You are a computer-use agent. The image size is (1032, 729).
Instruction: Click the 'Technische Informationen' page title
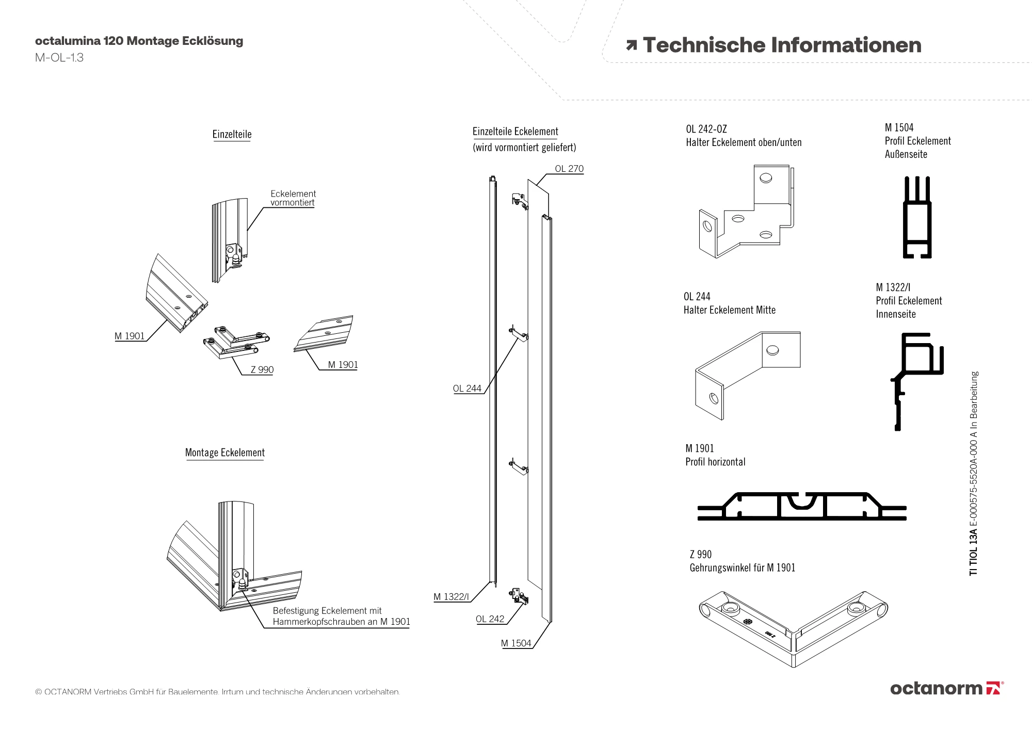[782, 45]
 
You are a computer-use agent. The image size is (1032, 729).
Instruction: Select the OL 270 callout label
[569, 169]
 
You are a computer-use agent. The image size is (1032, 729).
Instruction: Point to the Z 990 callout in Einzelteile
[262, 369]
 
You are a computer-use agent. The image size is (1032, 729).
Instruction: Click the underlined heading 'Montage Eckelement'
[224, 453]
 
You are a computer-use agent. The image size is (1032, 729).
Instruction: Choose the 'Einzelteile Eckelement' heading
[515, 132]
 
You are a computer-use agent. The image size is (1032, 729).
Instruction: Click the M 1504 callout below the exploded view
[516, 643]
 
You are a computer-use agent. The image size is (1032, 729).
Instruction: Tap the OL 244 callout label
[467, 388]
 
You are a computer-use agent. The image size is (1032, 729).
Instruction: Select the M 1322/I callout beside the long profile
[451, 597]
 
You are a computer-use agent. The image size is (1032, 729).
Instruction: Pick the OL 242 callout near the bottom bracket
[490, 619]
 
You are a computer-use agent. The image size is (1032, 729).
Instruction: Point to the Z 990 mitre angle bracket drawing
[793, 627]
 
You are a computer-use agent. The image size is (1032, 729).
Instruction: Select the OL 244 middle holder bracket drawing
[747, 374]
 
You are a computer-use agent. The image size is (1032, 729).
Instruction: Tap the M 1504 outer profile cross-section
[917, 218]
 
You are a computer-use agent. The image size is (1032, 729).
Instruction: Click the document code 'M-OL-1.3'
[59, 58]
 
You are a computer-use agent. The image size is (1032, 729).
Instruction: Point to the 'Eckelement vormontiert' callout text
[293, 198]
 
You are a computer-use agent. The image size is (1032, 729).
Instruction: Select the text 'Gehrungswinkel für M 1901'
[743, 568]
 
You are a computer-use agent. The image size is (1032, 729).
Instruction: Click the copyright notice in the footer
[217, 692]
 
